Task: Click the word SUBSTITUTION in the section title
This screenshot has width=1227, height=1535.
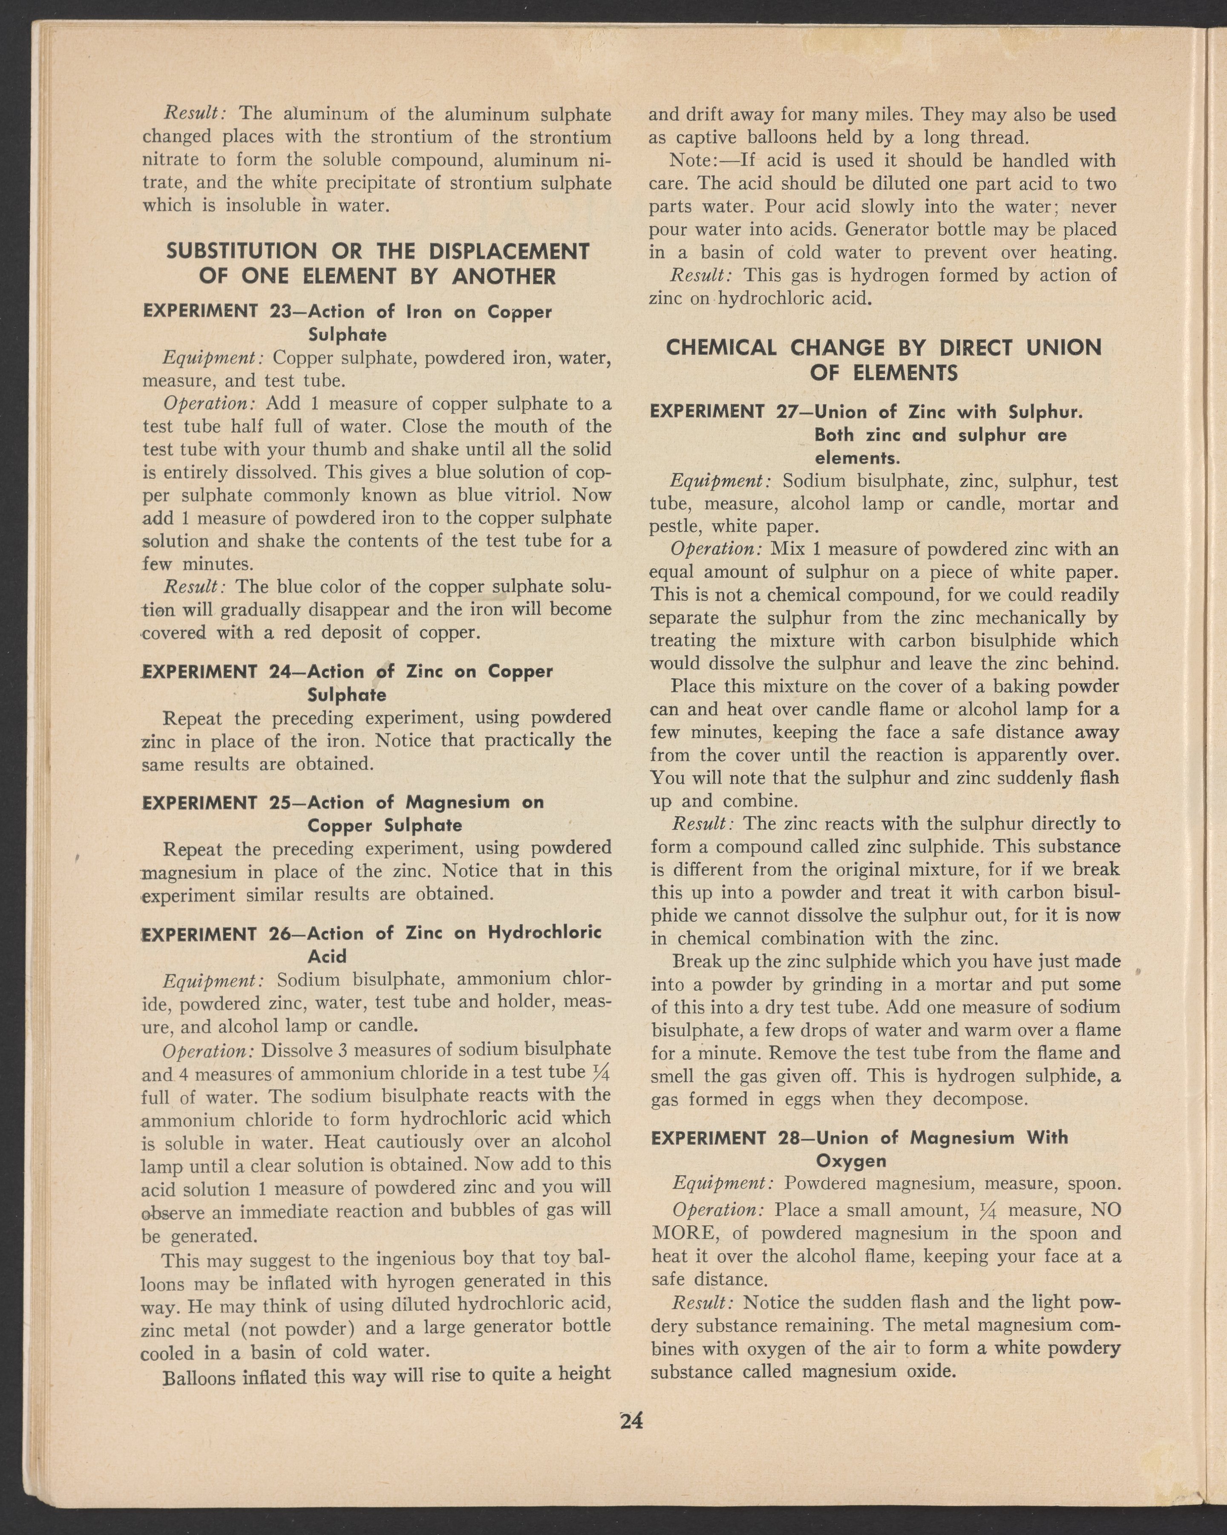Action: (241, 251)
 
